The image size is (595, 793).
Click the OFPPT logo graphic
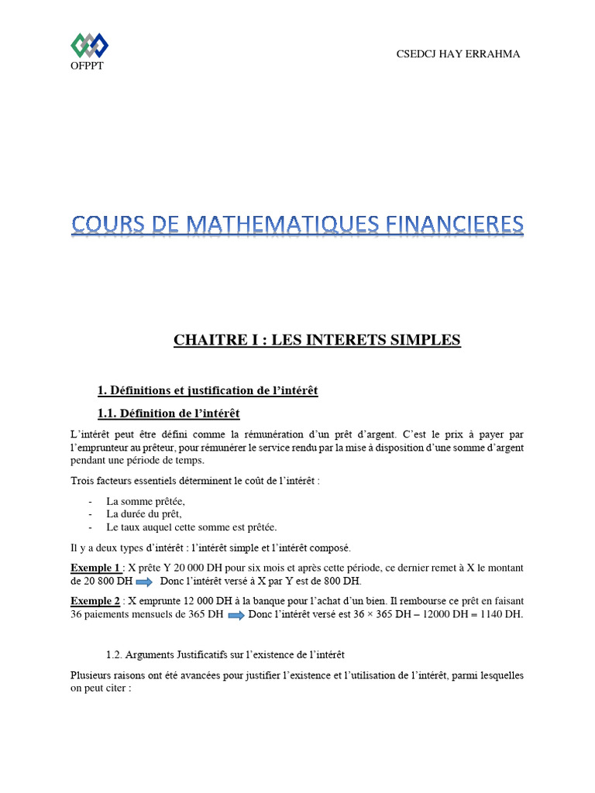[89, 46]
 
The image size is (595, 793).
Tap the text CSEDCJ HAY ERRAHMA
[458, 53]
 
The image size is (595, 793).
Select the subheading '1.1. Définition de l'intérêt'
[174, 413]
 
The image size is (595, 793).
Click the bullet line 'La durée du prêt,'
[144, 513]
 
